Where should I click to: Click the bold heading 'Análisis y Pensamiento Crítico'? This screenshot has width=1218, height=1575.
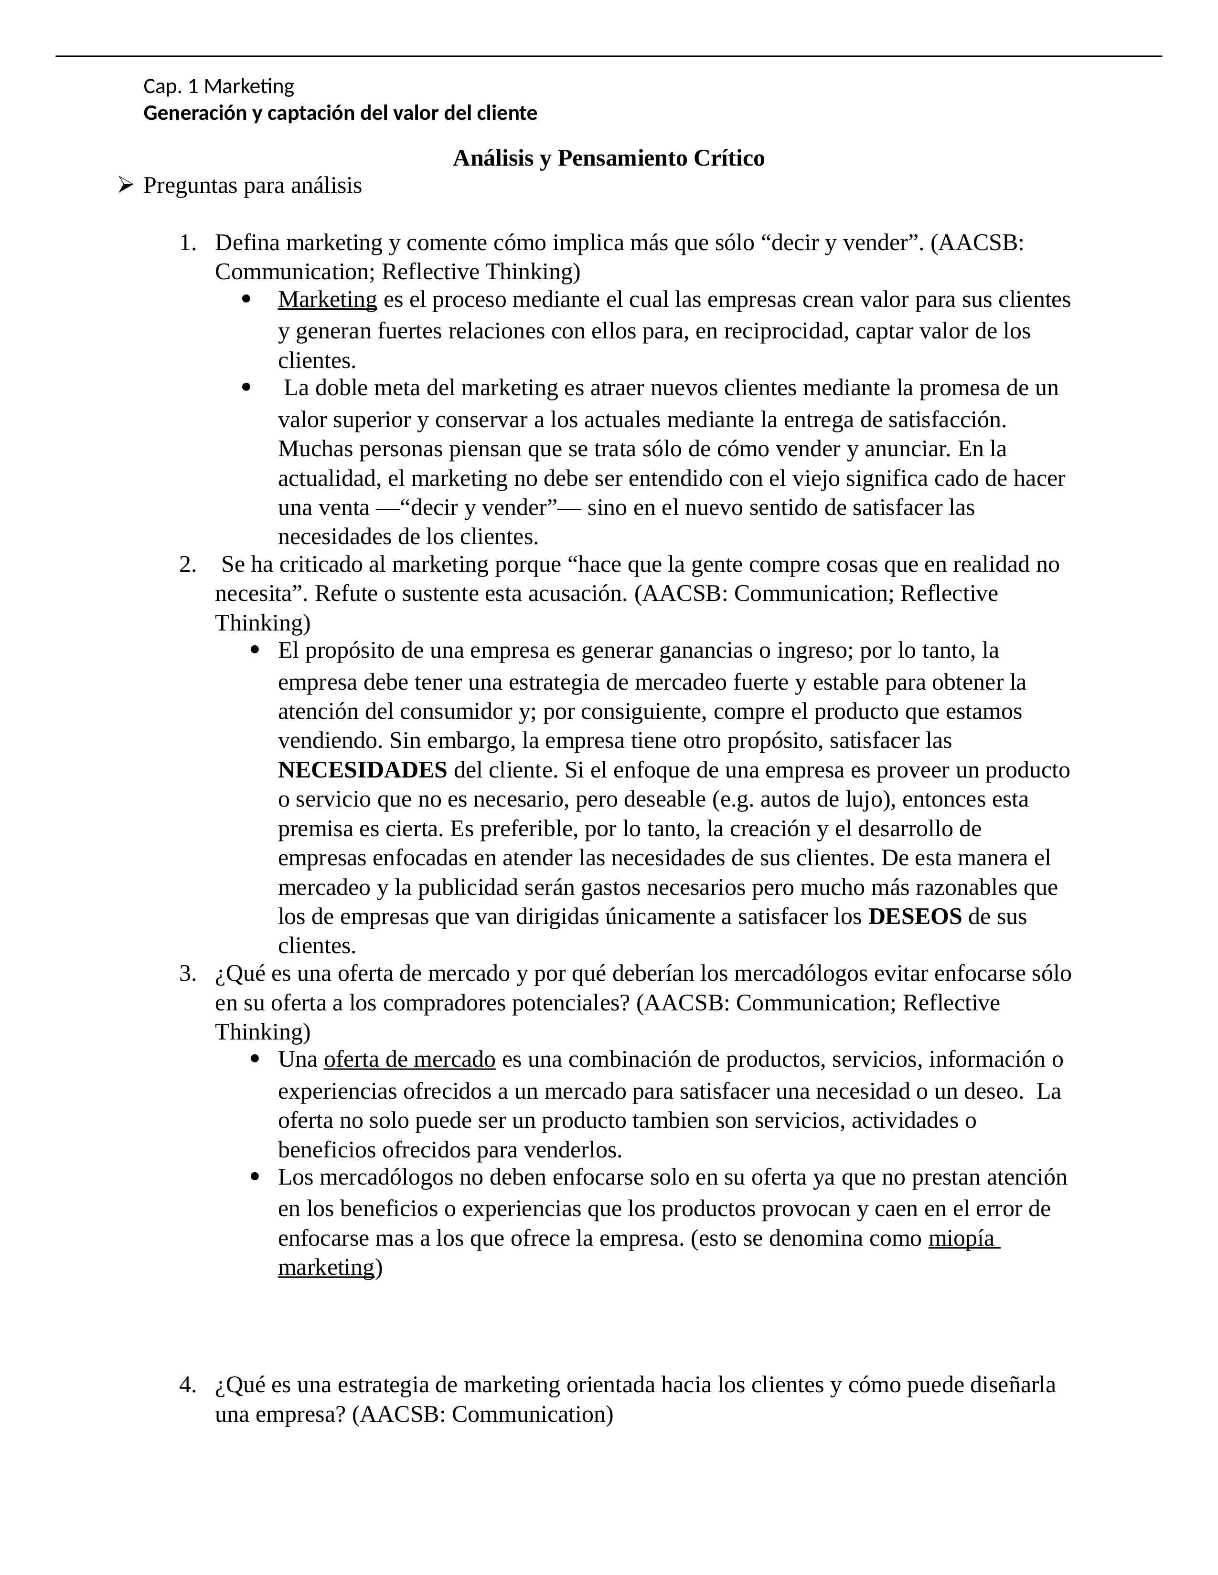pyautogui.click(x=608, y=158)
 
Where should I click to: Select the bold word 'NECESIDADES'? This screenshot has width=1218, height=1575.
pyautogui.click(x=362, y=770)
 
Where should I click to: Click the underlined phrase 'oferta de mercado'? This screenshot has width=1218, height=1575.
pyautogui.click(x=409, y=1060)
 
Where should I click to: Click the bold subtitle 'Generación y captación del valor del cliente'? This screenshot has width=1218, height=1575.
pyautogui.click(x=340, y=113)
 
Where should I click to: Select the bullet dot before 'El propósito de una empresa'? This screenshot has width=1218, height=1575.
pyautogui.click(x=255, y=651)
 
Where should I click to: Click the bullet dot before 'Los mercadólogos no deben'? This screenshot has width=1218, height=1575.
pyautogui.click(x=255, y=1177)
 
